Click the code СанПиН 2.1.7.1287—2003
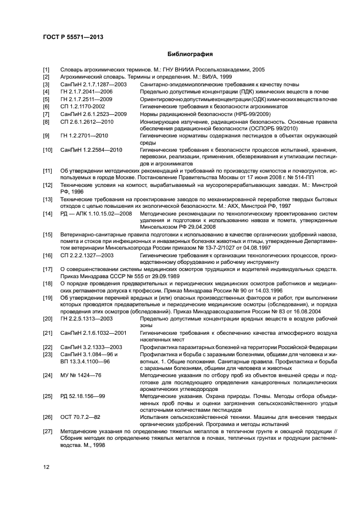click(93, 85)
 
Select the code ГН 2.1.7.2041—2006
click(88, 92)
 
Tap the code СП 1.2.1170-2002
click(82, 106)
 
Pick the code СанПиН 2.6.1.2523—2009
click(93, 113)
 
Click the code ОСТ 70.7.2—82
click(80, 417)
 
